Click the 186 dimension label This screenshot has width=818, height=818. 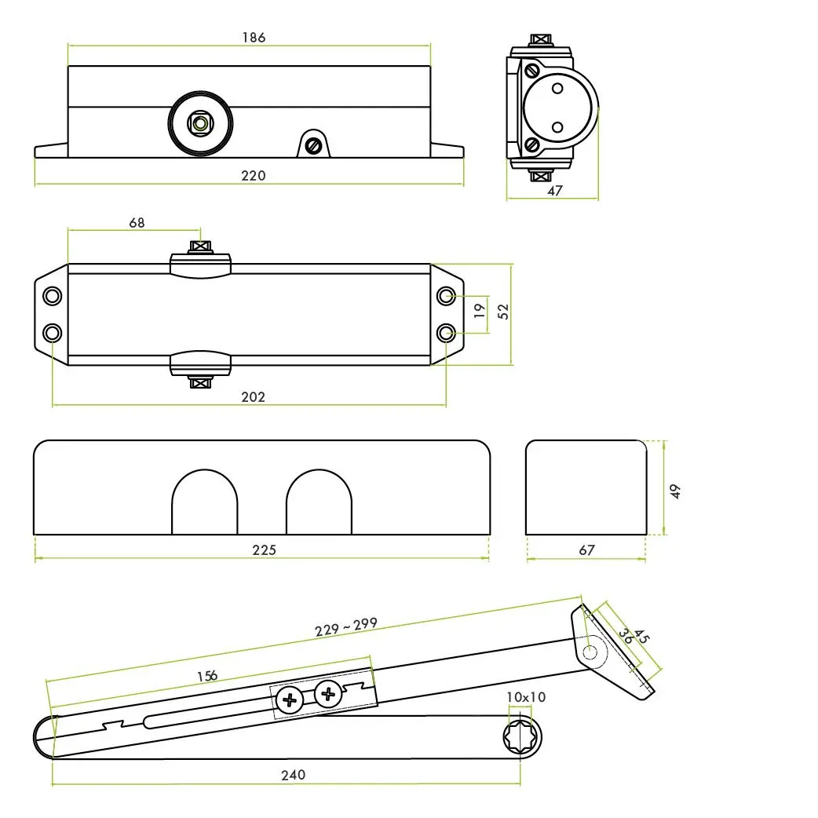[254, 38]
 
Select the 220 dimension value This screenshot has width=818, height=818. [253, 176]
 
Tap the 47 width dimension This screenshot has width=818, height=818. [554, 191]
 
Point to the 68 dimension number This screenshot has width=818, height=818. [137, 223]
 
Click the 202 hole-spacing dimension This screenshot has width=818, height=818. [253, 397]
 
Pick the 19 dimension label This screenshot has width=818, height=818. [480, 311]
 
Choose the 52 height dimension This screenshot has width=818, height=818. [502, 312]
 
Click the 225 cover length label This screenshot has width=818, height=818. [264, 550]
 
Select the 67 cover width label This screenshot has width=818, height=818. [586, 550]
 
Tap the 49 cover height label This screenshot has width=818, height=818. [675, 491]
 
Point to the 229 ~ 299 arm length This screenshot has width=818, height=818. [346, 626]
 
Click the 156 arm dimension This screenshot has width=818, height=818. [207, 676]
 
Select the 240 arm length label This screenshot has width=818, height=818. [293, 776]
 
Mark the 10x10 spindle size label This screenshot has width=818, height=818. [526, 697]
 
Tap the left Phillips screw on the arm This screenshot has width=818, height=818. [290, 700]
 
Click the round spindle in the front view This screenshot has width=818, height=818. [200, 123]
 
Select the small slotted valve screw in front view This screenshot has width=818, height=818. [313, 145]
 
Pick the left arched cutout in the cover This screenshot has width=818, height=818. [204, 502]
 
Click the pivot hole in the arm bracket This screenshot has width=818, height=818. [590, 652]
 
